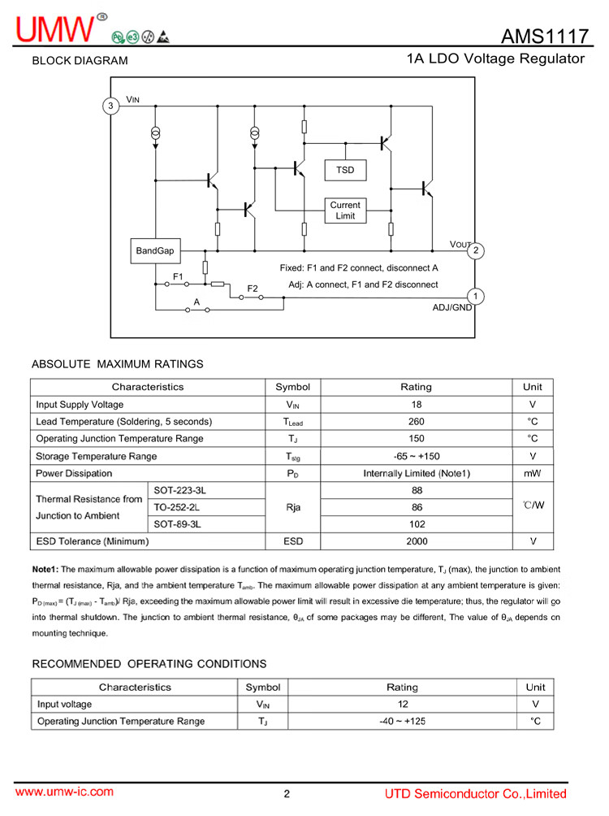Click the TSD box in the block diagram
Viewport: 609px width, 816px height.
pos(345,170)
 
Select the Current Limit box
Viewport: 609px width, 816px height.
pos(345,211)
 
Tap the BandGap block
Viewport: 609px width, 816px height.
pos(154,251)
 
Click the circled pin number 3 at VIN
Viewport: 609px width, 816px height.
pos(110,106)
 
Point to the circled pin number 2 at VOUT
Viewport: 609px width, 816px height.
pos(477,250)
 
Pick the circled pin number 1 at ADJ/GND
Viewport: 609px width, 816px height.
pos(477,297)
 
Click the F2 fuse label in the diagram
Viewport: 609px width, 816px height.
pos(253,289)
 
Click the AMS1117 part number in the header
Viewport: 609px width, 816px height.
pos(542,36)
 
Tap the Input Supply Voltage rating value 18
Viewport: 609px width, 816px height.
pos(416,404)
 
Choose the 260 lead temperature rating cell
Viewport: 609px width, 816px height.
pos(416,421)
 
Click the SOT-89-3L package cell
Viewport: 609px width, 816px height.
pos(177,524)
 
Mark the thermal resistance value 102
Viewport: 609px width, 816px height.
pos(416,524)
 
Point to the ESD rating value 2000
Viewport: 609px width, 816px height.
pos(416,540)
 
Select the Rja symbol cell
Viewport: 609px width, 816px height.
pos(293,507)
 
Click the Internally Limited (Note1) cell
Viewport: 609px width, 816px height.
pos(416,473)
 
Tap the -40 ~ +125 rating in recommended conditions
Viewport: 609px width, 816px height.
pos(403,721)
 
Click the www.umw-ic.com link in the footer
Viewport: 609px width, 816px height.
pos(65,792)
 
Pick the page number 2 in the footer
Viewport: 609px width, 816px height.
pos(287,794)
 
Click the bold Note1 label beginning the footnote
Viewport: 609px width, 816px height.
pos(45,570)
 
